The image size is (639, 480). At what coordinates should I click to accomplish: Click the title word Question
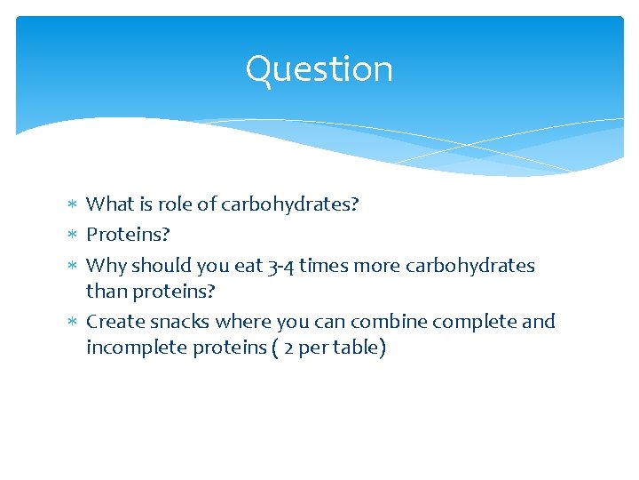319,69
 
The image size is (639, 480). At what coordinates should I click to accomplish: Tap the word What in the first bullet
109,204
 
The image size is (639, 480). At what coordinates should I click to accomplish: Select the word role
176,204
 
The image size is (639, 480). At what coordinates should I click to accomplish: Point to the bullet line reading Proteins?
128,235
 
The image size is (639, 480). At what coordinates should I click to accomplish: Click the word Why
106,266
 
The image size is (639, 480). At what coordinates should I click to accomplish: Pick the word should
161,266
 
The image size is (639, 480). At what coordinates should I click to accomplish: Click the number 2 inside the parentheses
288,348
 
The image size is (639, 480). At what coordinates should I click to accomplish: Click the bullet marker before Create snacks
73,322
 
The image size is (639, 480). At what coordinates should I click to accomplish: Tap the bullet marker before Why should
73,266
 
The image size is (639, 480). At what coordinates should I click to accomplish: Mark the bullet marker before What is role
73,204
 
